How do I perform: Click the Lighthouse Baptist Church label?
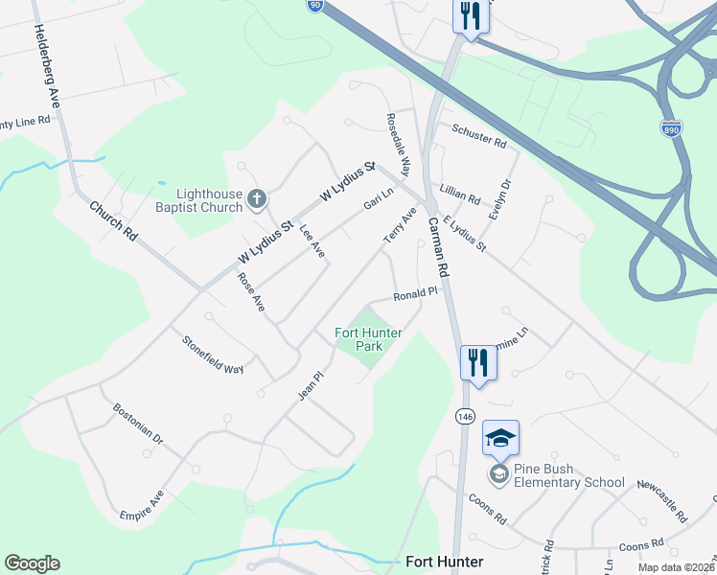point(202,200)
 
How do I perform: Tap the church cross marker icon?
point(256,199)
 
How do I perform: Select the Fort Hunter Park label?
point(368,339)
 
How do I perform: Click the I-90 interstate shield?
point(315,6)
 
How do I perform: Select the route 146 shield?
point(466,416)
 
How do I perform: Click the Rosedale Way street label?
point(398,144)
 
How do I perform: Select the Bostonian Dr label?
point(138,428)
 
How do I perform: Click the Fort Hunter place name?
point(444,562)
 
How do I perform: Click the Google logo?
point(32,563)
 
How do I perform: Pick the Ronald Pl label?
point(415,293)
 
